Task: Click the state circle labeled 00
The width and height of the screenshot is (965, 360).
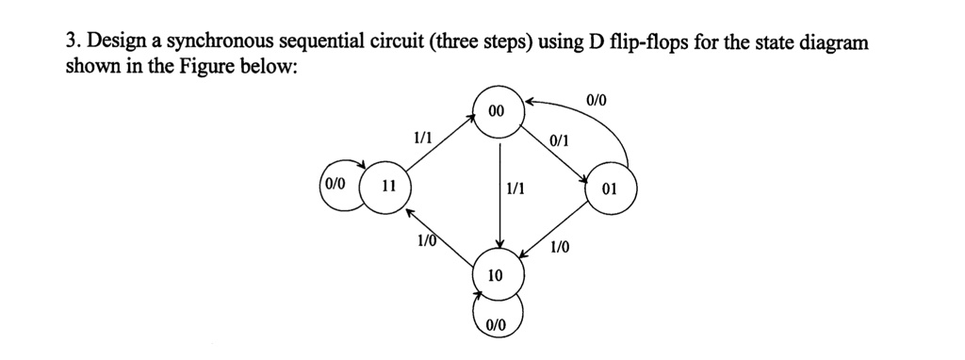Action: point(498,112)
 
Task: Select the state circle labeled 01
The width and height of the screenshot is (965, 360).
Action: point(610,188)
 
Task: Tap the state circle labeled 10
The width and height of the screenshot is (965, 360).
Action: point(496,275)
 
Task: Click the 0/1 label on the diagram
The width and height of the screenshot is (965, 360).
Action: point(559,140)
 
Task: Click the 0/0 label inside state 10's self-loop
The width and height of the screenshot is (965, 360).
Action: point(497,324)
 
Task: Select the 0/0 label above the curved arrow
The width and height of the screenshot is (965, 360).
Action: point(597,100)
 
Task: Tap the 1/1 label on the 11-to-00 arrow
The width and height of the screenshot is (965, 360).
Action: point(422,138)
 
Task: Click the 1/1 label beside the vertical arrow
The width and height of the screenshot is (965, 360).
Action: point(516,188)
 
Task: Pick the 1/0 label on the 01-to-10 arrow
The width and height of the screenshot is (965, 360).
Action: point(560,247)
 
